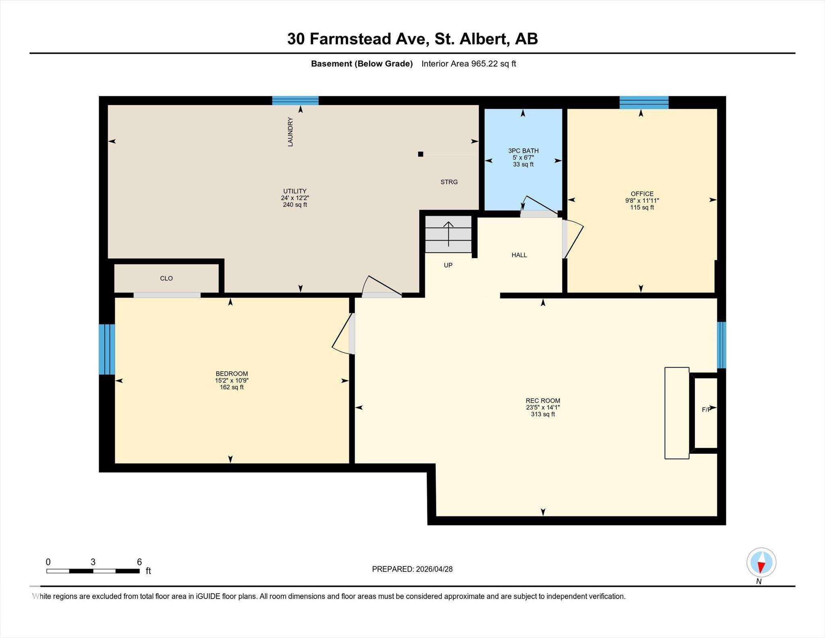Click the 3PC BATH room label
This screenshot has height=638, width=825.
click(523, 151)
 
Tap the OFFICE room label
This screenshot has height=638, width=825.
click(642, 194)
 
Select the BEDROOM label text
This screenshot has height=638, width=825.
click(232, 374)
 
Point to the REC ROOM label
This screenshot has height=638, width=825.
click(543, 401)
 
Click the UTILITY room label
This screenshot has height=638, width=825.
click(294, 191)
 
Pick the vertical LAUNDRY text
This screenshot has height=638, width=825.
click(290, 132)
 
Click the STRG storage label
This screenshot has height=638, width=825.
click(449, 182)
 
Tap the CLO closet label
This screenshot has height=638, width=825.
click(166, 278)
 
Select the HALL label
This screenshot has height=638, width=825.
click(519, 255)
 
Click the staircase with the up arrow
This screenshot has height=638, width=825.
click(448, 235)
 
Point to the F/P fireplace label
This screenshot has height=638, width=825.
click(706, 410)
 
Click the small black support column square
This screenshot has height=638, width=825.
click(421, 154)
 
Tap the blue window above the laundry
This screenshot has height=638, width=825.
click(295, 100)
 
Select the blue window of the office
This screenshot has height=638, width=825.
click(644, 102)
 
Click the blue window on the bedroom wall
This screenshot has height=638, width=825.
click(107, 349)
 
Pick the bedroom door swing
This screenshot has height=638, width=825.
click(343, 334)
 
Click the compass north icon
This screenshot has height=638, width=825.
click(761, 563)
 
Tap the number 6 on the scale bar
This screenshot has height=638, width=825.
click(139, 562)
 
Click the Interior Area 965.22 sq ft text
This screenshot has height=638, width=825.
click(468, 64)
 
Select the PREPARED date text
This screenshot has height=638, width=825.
click(412, 569)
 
